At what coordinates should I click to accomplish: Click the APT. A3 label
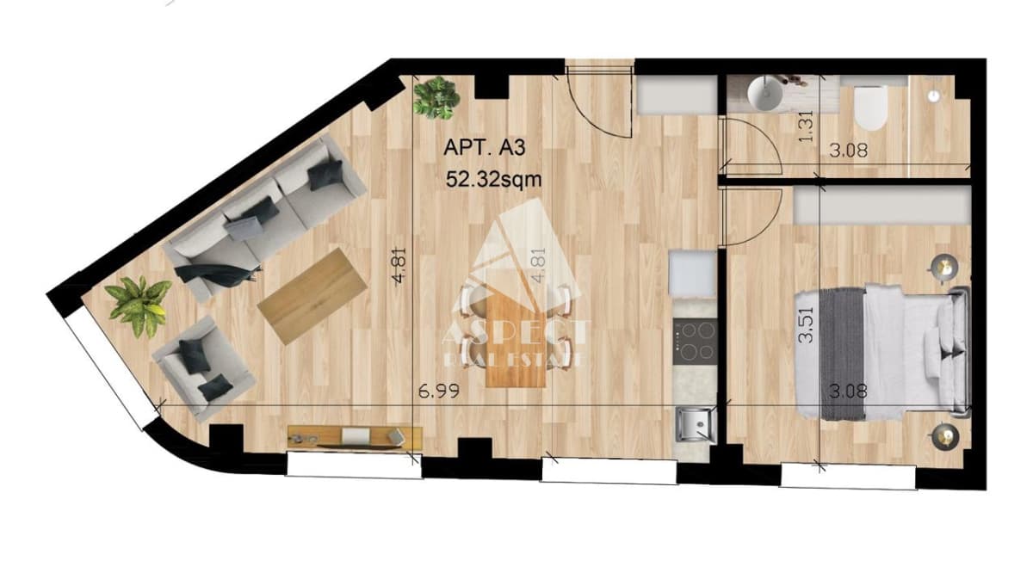484,148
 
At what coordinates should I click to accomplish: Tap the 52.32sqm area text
493,179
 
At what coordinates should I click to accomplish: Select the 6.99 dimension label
438,391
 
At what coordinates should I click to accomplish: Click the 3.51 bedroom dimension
806,326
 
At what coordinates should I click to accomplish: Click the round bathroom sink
766,94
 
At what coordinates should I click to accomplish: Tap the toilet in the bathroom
870,108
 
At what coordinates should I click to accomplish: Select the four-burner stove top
695,342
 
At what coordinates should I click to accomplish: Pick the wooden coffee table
312,296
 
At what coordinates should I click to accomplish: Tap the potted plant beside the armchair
139,306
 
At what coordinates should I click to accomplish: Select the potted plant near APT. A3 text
436,98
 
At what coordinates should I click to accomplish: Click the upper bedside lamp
944,267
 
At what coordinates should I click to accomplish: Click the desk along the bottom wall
355,437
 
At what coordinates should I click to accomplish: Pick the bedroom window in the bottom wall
848,476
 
